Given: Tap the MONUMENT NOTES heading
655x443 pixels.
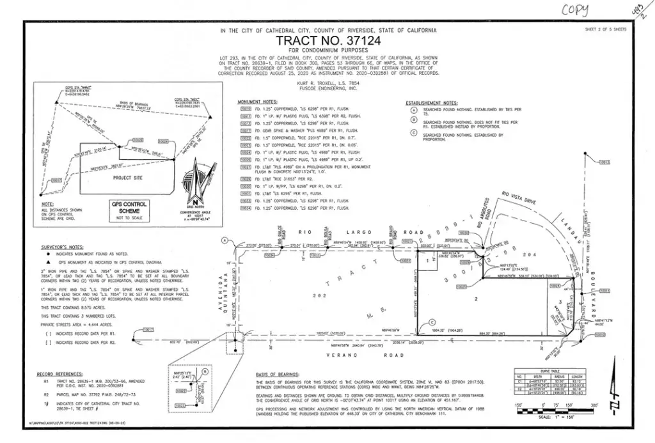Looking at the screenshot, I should [x=257, y=102].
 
